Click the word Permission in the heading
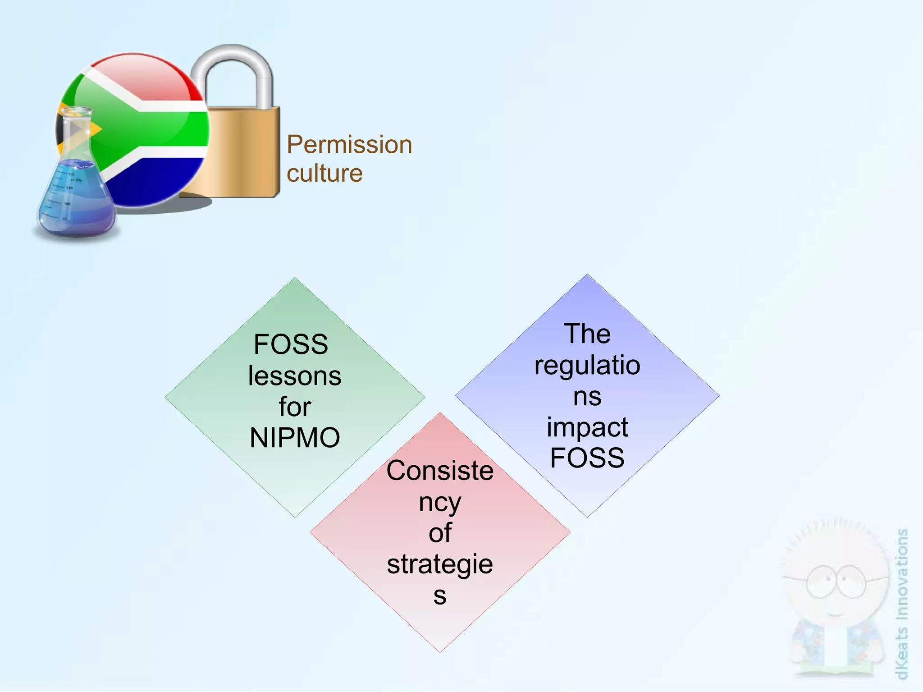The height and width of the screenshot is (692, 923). tap(349, 145)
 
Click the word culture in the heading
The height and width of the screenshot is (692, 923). tap(324, 174)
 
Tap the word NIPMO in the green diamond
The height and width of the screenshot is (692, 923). tap(295, 438)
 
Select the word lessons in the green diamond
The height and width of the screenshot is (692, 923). tap(295, 376)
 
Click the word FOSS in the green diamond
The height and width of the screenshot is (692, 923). tap(291, 344)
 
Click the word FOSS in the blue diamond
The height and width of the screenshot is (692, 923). tap(587, 458)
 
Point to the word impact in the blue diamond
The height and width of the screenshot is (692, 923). tap(587, 427)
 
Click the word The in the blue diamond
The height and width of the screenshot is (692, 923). tap(587, 334)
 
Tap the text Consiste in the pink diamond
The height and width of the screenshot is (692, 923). tap(440, 471)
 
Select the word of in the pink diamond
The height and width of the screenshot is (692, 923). tap(440, 533)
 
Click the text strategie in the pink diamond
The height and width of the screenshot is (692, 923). tap(440, 564)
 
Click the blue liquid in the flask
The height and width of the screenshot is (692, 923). tap(74, 198)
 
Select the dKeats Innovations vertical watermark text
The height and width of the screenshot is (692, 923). tap(901, 604)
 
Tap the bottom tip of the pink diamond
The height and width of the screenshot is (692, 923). tap(440, 651)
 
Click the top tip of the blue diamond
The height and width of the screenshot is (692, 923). tap(587, 275)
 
